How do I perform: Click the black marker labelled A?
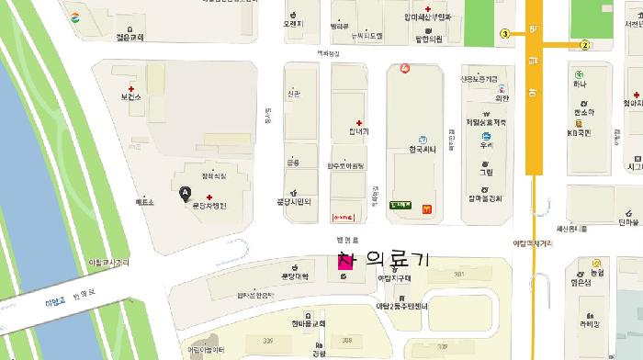click(x=186, y=192)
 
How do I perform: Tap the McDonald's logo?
click(x=426, y=208)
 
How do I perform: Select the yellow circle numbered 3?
click(x=504, y=34)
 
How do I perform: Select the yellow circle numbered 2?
click(x=584, y=44)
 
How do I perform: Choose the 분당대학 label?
click(x=294, y=276)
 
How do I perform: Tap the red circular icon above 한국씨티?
click(x=405, y=69)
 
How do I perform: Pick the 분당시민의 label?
click(x=294, y=202)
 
